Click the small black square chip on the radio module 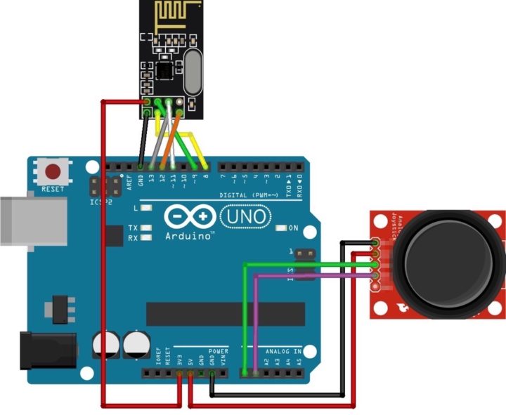pos(164,70)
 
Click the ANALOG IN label pos(283,350)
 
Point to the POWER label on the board pos(219,350)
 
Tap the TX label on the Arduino pos(133,228)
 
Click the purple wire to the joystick pos(309,276)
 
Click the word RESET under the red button pos(53,190)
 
